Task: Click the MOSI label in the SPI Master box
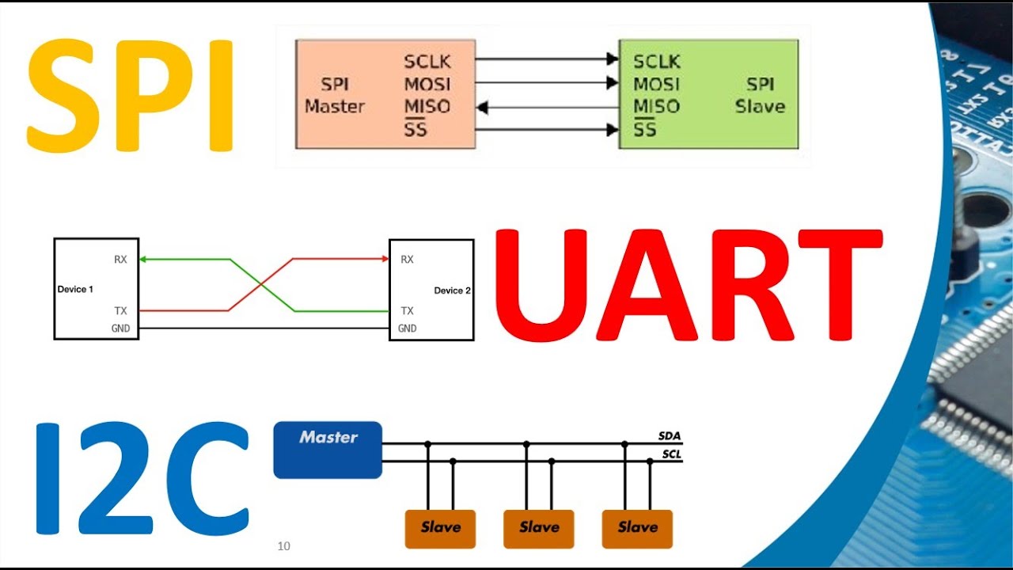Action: tap(427, 84)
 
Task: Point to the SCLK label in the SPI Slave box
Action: tap(657, 62)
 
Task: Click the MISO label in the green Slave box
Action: tap(657, 106)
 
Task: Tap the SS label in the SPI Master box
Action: tap(415, 128)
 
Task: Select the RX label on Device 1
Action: tap(120, 259)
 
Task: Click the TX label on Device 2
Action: tap(407, 311)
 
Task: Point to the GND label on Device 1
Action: tap(120, 329)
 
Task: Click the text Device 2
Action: tap(452, 291)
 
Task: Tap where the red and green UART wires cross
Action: tap(261, 285)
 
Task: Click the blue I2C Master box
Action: tap(328, 450)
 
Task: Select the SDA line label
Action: tap(670, 436)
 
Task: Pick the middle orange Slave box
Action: tap(538, 529)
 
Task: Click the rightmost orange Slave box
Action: tap(637, 529)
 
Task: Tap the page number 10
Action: tap(284, 546)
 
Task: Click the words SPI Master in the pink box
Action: tap(335, 95)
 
